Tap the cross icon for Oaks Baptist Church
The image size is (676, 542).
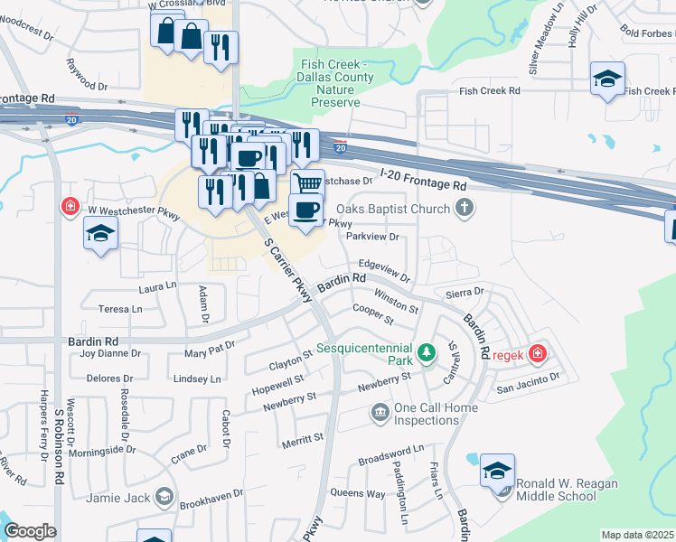[465, 210]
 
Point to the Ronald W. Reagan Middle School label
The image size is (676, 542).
[566, 491]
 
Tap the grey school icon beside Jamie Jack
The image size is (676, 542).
[164, 497]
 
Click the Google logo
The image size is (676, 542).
[30, 531]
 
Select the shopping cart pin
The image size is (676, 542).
[308, 183]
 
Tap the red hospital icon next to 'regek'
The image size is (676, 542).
[537, 352]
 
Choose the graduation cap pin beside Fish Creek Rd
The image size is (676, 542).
[607, 78]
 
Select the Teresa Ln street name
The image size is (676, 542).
[120, 308]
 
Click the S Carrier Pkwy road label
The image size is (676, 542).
[288, 269]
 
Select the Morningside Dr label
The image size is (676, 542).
[107, 448]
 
